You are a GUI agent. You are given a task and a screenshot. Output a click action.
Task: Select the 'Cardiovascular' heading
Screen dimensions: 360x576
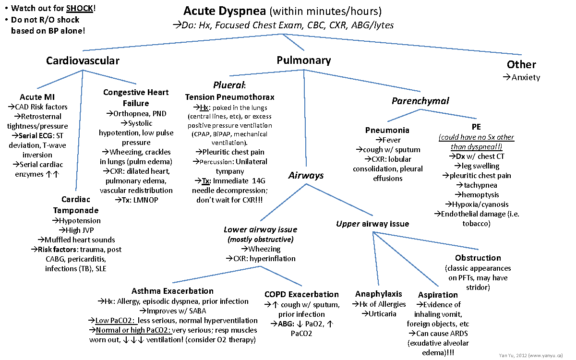point(83,60)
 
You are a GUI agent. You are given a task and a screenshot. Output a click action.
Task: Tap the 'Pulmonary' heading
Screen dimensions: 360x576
point(303,60)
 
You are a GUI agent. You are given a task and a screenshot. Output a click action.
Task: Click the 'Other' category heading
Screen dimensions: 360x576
point(521,65)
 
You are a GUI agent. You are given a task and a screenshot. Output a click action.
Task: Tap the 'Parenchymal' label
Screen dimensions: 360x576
point(420,101)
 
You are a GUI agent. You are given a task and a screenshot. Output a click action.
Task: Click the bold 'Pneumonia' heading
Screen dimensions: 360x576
point(387,130)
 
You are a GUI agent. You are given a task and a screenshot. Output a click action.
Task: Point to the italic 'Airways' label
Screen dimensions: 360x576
point(306,176)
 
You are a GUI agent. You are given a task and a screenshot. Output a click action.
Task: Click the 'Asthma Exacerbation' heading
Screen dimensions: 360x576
point(172,291)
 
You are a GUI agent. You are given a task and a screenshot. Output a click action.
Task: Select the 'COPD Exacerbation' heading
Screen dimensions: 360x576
point(301,294)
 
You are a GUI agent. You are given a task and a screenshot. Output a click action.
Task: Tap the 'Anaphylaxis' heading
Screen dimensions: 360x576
point(378,294)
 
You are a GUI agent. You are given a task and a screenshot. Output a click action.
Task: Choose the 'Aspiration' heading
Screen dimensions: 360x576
point(438,295)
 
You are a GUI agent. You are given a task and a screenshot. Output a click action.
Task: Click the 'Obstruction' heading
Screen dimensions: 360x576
point(478,258)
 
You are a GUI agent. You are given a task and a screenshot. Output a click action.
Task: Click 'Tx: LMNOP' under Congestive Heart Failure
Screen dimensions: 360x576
point(136,200)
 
